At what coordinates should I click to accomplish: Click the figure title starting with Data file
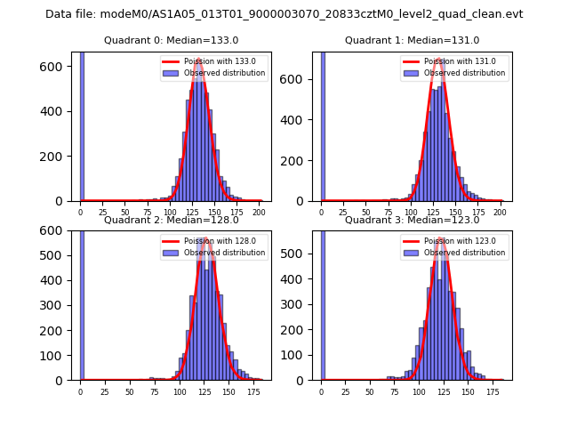[x=284, y=14]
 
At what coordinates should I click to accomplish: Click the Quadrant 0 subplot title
[x=171, y=40]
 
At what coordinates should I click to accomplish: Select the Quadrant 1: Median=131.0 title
[x=412, y=40]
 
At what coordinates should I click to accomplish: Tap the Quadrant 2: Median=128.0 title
[x=171, y=220]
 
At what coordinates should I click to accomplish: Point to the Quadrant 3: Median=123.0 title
[x=412, y=220]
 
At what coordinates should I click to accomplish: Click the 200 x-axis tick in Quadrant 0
[x=259, y=213]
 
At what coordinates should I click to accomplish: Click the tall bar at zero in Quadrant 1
[x=323, y=125]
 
